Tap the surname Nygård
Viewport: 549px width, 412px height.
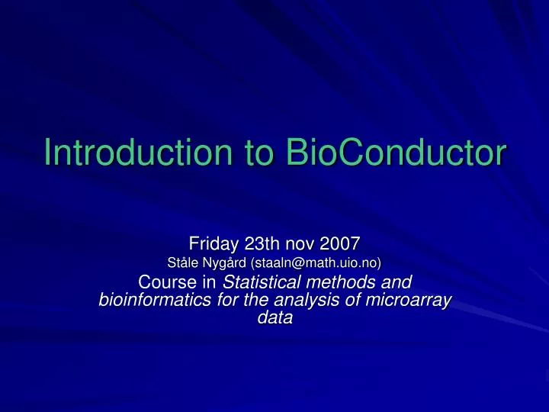pos(222,263)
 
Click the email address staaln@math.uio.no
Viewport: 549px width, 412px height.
pos(314,263)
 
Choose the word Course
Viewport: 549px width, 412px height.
pos(167,283)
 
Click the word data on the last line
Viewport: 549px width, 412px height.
pos(274,319)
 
